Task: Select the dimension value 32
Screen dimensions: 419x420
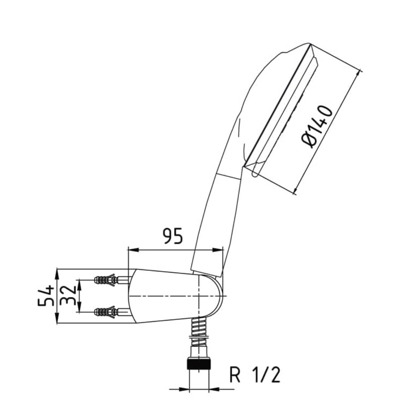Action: pyautogui.click(x=68, y=296)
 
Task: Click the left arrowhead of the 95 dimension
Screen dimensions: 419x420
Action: pyautogui.click(x=133, y=250)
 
